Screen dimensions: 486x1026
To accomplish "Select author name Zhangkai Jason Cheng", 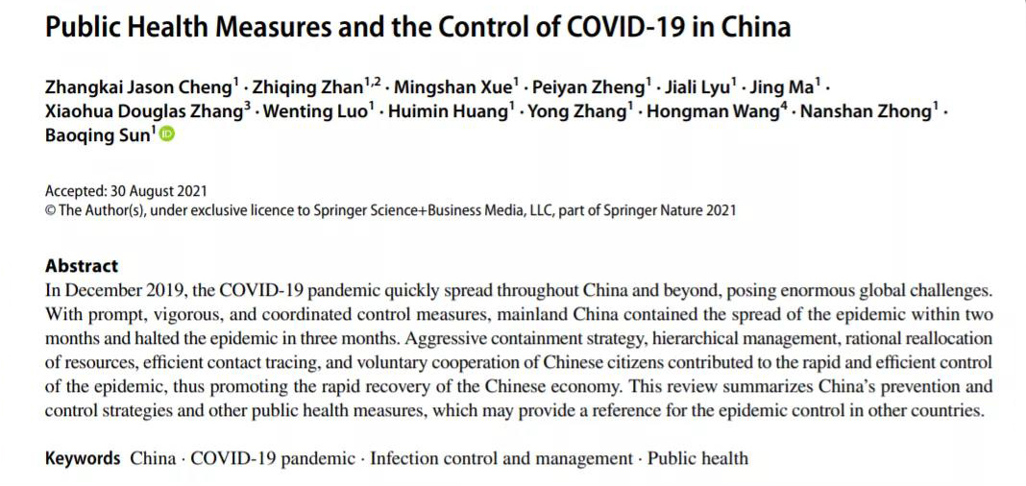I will [137, 87].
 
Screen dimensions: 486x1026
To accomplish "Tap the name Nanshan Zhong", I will [865, 111].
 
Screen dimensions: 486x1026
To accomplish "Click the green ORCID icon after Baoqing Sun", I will [166, 135].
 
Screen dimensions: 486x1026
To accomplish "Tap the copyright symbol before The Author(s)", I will [50, 210].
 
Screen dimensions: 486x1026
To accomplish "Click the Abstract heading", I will [82, 266].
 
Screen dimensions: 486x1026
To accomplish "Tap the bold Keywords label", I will [83, 458].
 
